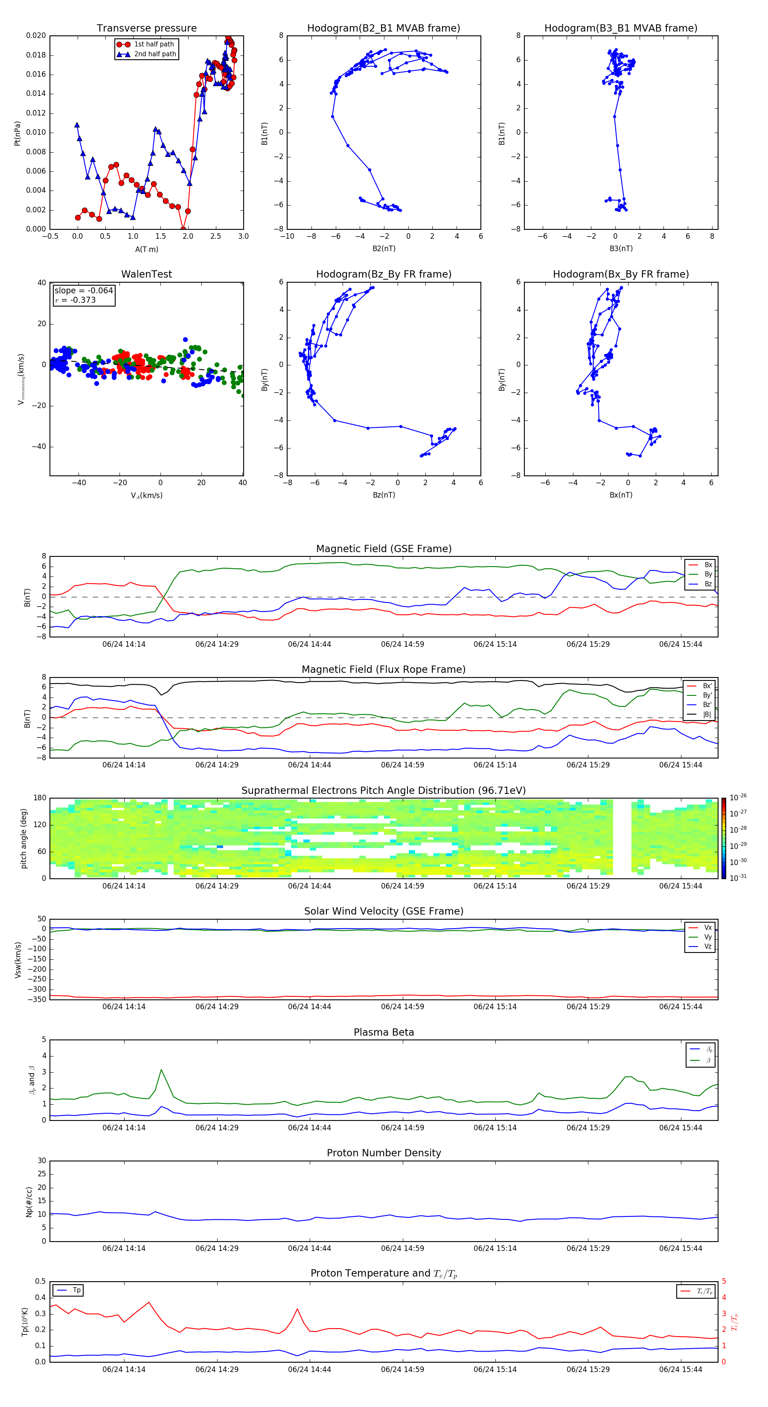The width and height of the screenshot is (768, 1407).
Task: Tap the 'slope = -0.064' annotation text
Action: point(84,291)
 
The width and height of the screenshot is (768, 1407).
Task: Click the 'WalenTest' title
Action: point(146,274)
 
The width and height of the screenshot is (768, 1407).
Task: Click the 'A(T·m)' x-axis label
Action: point(146,249)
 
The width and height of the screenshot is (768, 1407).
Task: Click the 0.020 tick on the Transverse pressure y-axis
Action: point(36,35)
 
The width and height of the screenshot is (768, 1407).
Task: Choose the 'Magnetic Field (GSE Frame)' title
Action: point(383,549)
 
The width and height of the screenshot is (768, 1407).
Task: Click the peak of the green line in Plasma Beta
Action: point(161,1069)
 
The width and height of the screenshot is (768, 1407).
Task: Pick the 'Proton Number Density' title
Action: point(383,1153)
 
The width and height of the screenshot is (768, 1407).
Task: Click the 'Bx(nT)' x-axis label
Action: point(620,495)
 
